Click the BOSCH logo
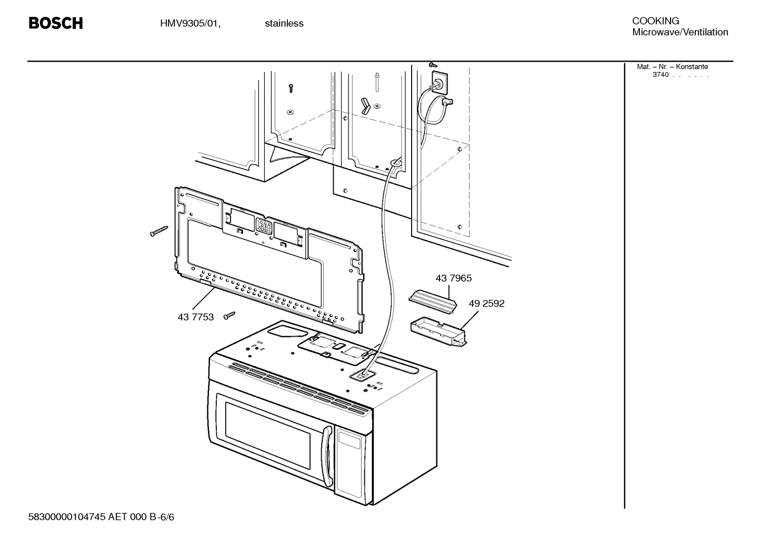pyautogui.click(x=55, y=23)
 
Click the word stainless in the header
pyautogui.click(x=284, y=23)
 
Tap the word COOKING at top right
pyautogui.click(x=655, y=21)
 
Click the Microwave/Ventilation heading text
pyautogui.click(x=680, y=32)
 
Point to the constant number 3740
pyautogui.click(x=660, y=75)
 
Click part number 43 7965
pyautogui.click(x=453, y=278)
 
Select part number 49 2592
pyautogui.click(x=486, y=304)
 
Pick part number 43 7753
pyautogui.click(x=196, y=317)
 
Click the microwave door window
pyautogui.click(x=271, y=437)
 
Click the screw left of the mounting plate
pyautogui.click(x=158, y=231)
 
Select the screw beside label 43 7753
pyautogui.click(x=229, y=315)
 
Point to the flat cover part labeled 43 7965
pyautogui.click(x=431, y=299)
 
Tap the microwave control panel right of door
pyautogui.click(x=350, y=463)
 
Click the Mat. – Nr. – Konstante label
pyautogui.click(x=672, y=67)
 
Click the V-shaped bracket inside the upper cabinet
pyautogui.click(x=366, y=105)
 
